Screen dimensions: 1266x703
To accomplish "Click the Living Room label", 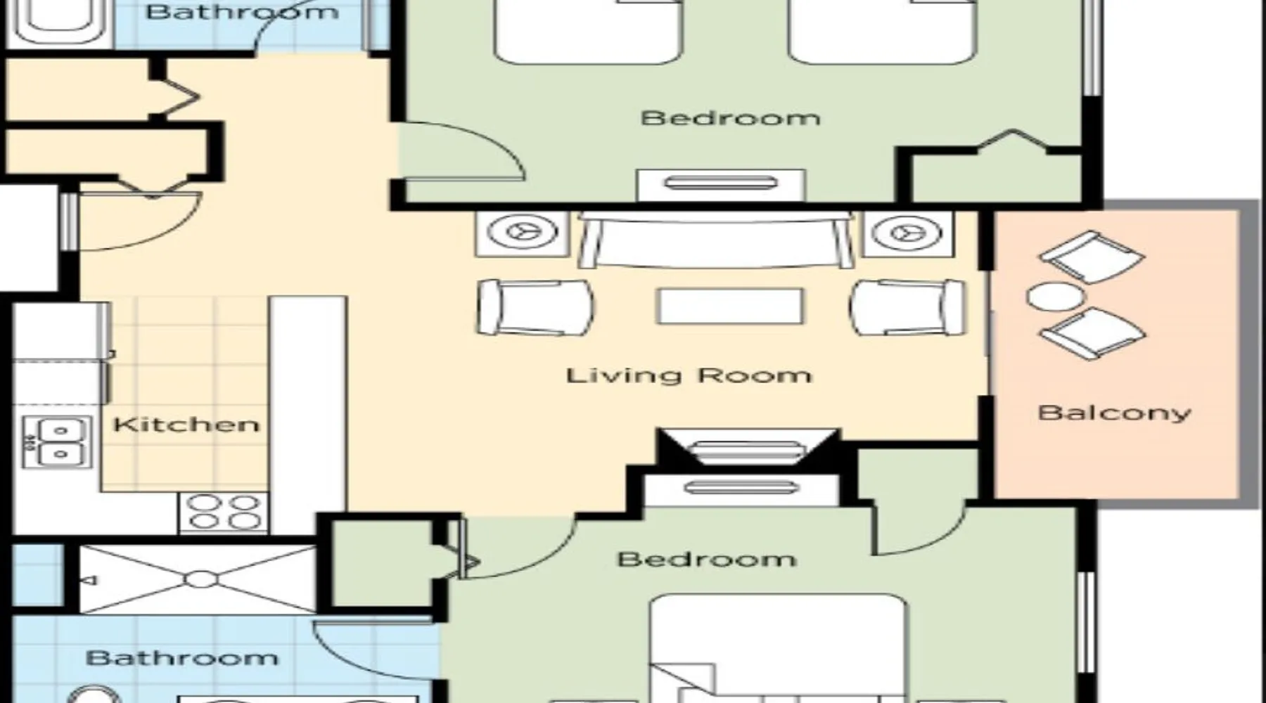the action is [689, 375].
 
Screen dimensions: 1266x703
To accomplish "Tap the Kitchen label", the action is [186, 425].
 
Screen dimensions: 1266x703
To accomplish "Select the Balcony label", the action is [1115, 413].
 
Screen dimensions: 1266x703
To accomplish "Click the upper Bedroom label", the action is [730, 117].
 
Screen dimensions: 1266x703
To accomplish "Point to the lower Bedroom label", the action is [707, 560].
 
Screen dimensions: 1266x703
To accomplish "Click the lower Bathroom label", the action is [182, 658].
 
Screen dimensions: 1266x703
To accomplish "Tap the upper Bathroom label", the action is [242, 12].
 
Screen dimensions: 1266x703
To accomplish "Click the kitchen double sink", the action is [57, 441].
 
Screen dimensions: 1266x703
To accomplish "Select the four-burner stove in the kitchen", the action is [224, 512].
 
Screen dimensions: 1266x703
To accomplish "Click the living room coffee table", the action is [730, 307].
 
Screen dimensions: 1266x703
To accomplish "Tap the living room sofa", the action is [716, 240].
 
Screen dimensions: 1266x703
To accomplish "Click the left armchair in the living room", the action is [535, 307].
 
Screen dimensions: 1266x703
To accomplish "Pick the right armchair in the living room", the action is [908, 307].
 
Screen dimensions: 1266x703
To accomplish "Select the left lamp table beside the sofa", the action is [523, 232].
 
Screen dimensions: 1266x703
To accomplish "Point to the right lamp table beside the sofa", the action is [909, 232].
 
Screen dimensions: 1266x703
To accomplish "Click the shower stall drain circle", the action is [201, 579].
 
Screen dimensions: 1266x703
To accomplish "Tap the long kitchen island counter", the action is [308, 415].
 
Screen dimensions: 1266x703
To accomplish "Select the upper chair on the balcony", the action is [1092, 257].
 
